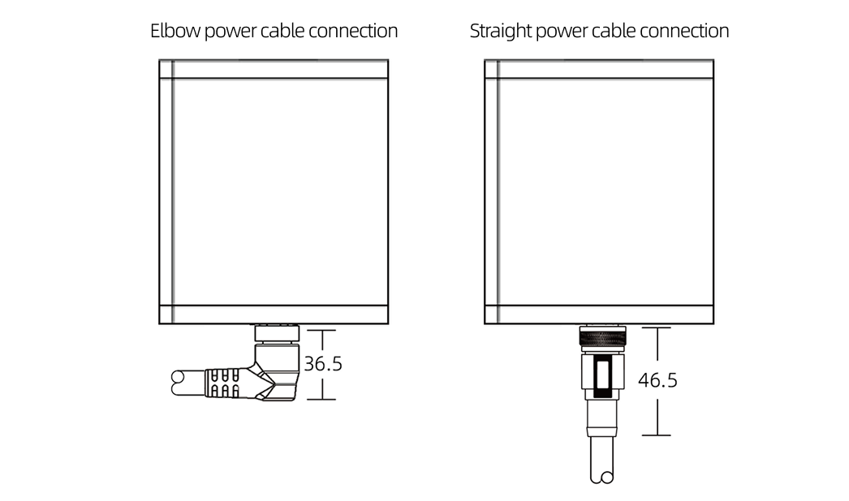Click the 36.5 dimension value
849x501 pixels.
[x=323, y=364]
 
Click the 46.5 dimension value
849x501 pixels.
[x=657, y=380]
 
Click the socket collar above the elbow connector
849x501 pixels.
[x=277, y=332]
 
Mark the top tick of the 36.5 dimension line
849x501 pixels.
[x=322, y=330]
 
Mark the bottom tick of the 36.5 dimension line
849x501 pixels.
[x=322, y=399]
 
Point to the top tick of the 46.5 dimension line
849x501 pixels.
[x=657, y=328]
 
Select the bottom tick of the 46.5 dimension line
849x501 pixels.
[x=657, y=435]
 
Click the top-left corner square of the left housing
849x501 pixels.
[x=166, y=69]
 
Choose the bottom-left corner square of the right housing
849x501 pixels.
[x=491, y=315]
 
